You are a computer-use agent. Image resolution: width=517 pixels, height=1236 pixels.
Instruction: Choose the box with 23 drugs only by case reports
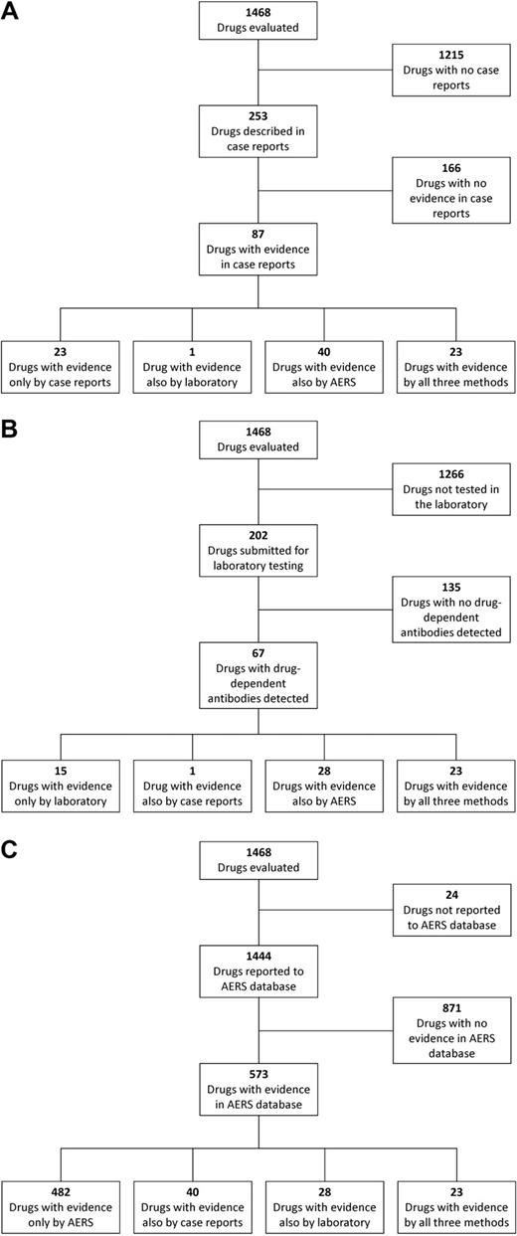pyautogui.click(x=60, y=365)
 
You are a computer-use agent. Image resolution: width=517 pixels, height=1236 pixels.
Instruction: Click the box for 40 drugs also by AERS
pyautogui.click(x=324, y=365)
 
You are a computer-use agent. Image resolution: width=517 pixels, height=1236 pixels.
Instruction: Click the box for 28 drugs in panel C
pyautogui.click(x=324, y=1204)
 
